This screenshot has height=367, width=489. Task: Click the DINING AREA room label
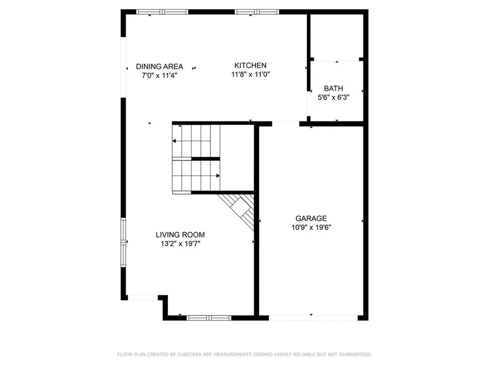[x=159, y=66]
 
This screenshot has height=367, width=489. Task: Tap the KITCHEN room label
[x=250, y=65]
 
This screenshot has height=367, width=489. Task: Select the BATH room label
[x=333, y=88]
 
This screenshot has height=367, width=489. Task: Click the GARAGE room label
[x=311, y=218]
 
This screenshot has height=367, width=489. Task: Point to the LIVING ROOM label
[x=180, y=235]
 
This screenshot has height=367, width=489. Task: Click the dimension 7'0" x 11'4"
[x=159, y=75]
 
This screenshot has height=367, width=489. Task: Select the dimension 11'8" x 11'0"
[x=250, y=74]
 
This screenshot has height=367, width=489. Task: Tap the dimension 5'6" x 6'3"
[x=333, y=97]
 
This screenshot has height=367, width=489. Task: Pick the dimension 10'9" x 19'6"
[x=311, y=227]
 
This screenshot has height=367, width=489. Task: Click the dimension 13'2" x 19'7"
[x=180, y=243]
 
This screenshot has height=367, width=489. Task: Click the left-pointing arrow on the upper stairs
[x=175, y=141]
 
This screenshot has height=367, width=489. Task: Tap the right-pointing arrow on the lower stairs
[x=217, y=175]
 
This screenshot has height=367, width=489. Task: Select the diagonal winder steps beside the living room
[x=241, y=209]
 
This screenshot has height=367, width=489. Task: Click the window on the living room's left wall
[x=124, y=242]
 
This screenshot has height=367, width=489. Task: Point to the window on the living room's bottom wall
[x=209, y=317]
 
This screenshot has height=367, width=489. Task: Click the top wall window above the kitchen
[x=257, y=11]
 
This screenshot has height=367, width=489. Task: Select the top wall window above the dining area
[x=162, y=11]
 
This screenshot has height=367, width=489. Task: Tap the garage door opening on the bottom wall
[x=313, y=317]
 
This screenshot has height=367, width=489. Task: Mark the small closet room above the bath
[x=336, y=36]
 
